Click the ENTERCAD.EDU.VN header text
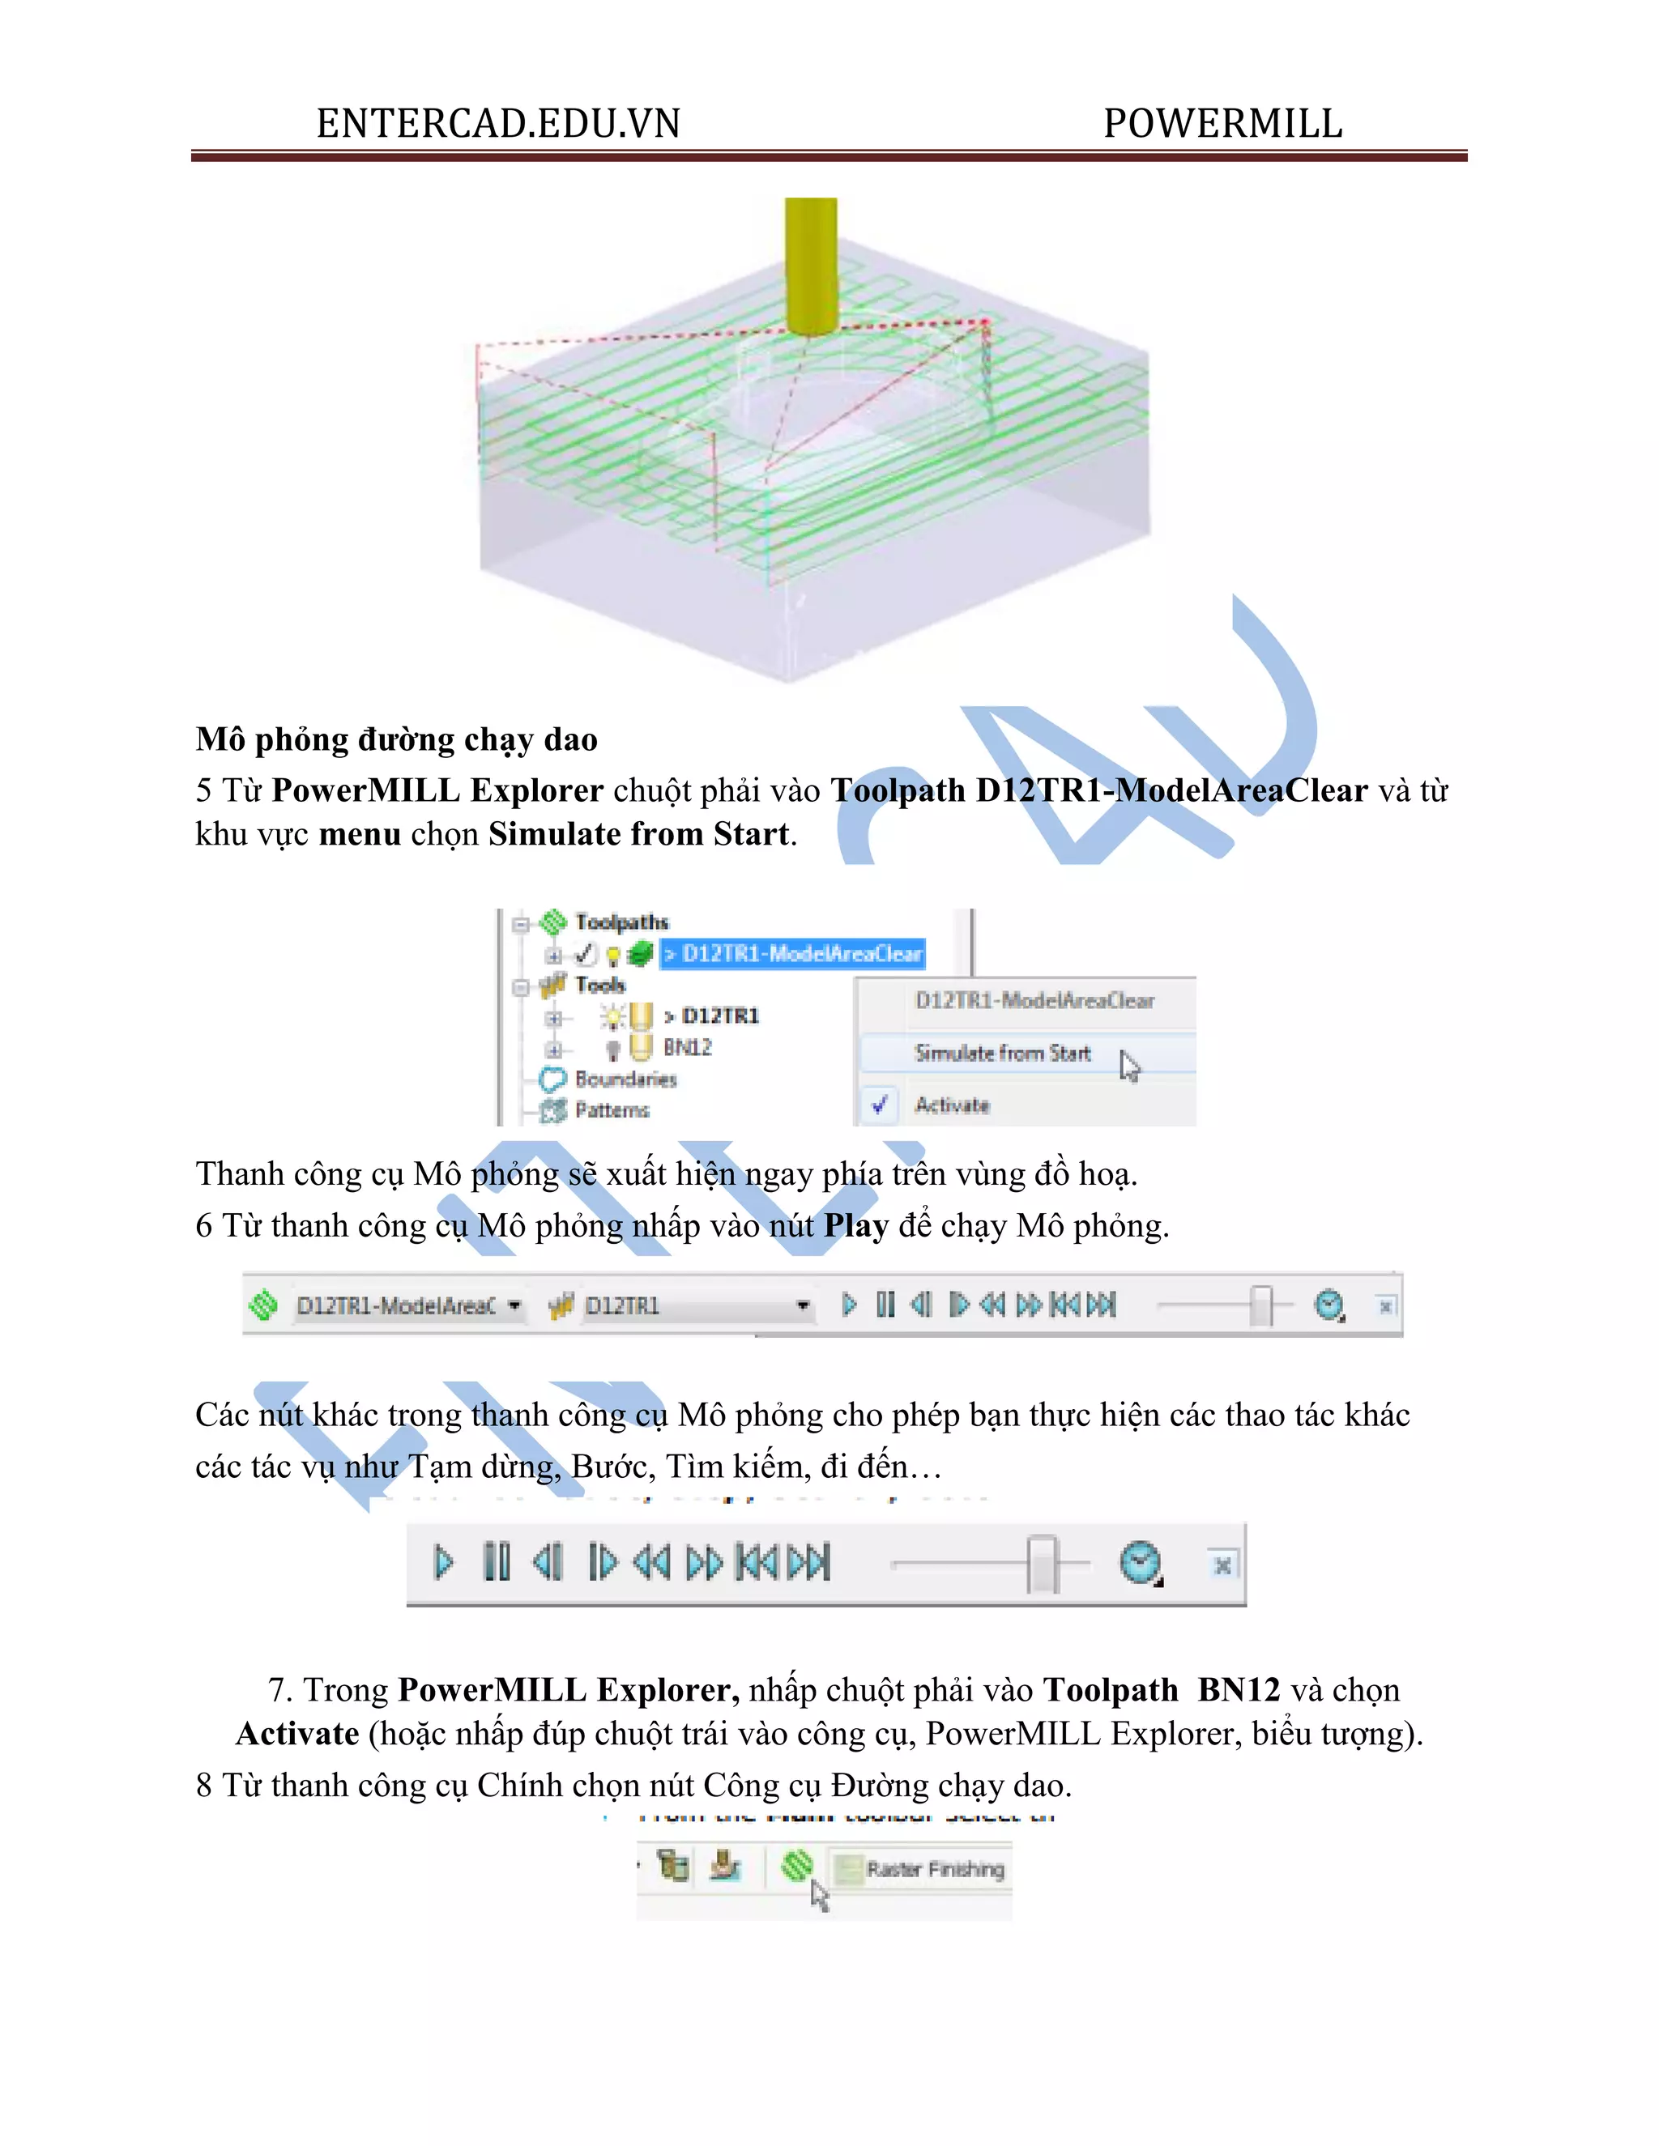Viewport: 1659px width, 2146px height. point(497,125)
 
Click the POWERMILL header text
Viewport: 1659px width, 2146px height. point(1222,125)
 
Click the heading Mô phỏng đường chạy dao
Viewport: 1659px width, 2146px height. point(396,739)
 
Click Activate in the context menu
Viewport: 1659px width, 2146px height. point(951,1105)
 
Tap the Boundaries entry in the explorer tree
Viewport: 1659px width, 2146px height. point(625,1079)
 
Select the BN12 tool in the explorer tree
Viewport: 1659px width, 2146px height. point(686,1047)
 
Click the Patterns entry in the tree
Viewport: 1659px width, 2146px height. point(612,1110)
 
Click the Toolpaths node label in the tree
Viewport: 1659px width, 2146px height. point(621,922)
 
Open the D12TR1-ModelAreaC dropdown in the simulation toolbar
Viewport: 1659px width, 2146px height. point(513,1306)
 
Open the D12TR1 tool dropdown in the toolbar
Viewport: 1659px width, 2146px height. point(802,1306)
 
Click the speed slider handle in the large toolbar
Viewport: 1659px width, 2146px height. point(1042,1563)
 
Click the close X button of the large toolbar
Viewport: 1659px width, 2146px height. point(1222,1565)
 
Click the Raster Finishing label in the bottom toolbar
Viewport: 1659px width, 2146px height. point(934,1869)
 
